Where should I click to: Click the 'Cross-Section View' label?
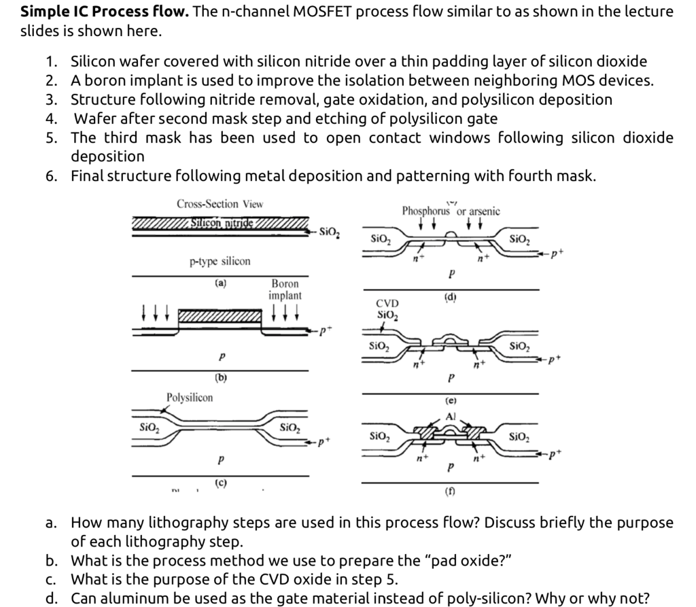click(220, 203)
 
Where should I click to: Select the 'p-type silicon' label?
click(220, 261)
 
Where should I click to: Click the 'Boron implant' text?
click(285, 289)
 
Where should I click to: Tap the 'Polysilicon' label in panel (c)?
click(190, 397)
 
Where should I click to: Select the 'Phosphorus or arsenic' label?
click(450, 211)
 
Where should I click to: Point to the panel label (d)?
click(450, 296)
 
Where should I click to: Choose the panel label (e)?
click(450, 402)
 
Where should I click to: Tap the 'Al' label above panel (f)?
click(450, 416)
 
